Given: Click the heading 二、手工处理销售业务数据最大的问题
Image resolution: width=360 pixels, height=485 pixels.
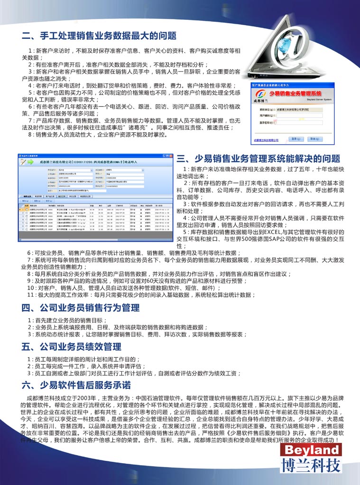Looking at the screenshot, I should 99,36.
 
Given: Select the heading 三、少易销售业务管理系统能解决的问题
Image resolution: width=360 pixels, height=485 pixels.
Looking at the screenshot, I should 258,158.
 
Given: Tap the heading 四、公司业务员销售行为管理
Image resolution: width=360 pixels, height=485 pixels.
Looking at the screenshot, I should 81,308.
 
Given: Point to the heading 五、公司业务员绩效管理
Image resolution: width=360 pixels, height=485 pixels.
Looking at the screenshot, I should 71,347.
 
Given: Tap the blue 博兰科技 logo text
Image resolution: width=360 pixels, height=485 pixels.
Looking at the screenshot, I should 310,465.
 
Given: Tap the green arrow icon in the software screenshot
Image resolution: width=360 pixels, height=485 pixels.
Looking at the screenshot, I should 24,163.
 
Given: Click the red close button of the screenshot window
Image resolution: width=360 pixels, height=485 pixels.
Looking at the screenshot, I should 170,155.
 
